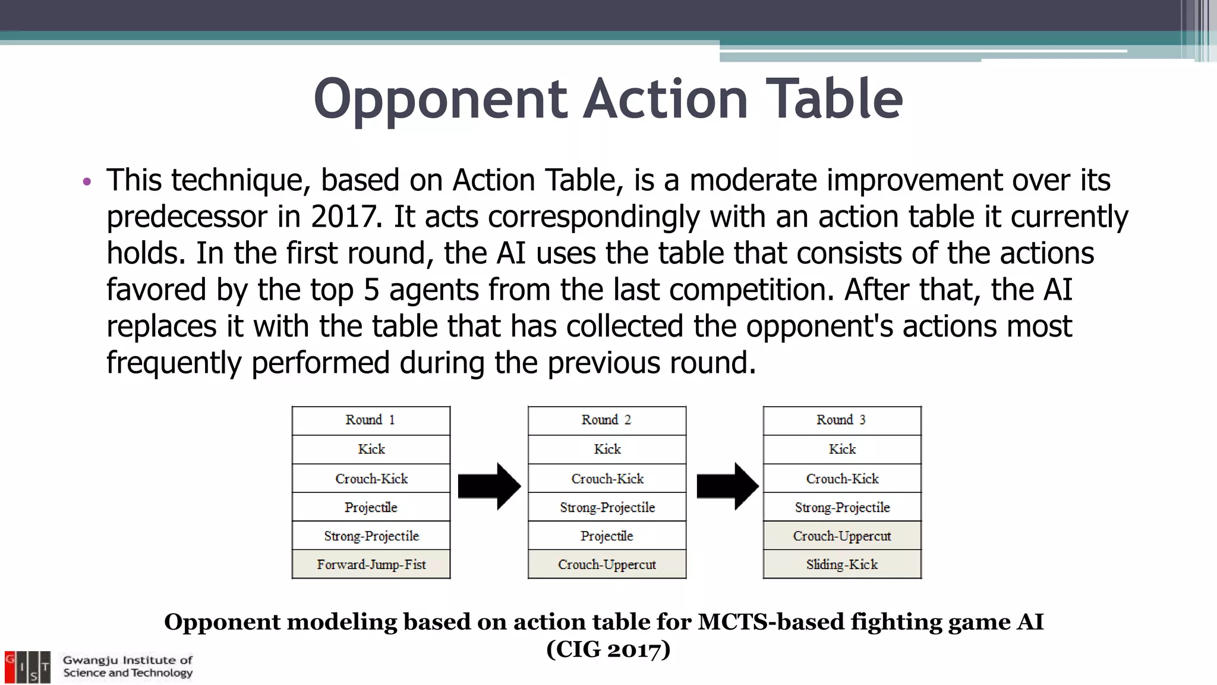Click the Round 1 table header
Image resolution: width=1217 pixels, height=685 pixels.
click(x=371, y=420)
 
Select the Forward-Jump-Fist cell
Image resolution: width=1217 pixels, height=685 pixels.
click(x=371, y=564)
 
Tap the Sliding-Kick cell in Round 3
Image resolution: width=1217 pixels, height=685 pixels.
click(x=842, y=564)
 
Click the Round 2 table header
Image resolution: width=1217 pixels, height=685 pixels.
click(x=607, y=420)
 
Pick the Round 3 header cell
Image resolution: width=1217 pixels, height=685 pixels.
click(x=842, y=420)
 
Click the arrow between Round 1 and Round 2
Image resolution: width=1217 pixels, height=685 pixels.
click(x=489, y=486)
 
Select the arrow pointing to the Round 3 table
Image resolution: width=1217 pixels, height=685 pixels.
click(x=727, y=486)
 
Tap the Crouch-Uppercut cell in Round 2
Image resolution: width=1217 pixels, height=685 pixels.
click(x=607, y=564)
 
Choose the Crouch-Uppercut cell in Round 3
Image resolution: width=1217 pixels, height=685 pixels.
click(x=842, y=536)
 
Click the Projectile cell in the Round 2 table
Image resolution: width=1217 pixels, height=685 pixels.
click(x=607, y=536)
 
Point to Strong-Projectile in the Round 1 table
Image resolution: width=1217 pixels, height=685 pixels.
click(x=371, y=536)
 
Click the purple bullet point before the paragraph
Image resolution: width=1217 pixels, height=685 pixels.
click(x=87, y=181)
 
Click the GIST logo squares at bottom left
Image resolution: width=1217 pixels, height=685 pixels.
click(x=27, y=667)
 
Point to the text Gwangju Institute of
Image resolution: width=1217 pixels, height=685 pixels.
click(x=128, y=660)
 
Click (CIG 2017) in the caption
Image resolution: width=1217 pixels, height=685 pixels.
click(x=608, y=649)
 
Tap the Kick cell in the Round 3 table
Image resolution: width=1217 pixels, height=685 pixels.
click(x=842, y=450)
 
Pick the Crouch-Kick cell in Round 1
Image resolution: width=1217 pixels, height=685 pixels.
click(x=371, y=479)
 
